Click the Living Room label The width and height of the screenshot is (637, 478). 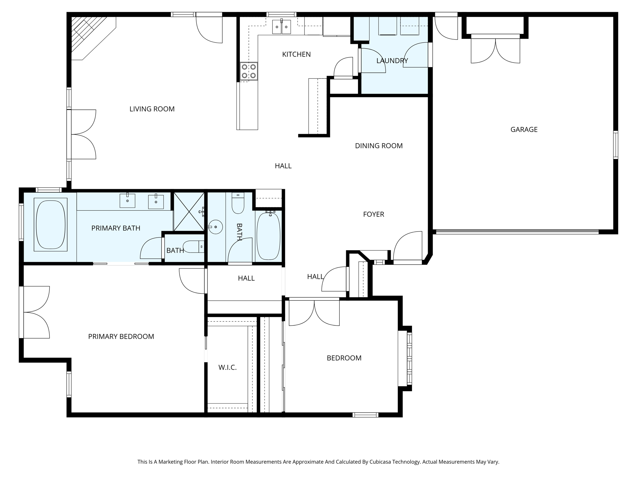tap(152, 109)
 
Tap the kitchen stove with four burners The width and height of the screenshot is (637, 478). tap(249, 71)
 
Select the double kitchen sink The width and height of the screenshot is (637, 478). tap(281, 27)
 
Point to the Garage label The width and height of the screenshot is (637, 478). tap(524, 129)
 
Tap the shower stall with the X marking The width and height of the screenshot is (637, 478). tap(189, 212)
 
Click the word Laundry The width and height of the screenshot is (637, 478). tap(392, 61)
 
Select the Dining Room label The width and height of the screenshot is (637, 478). tap(379, 146)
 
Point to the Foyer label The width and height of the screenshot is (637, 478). tap(374, 214)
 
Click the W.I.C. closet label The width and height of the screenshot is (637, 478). tap(227, 368)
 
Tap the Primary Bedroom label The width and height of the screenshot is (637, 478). tap(121, 336)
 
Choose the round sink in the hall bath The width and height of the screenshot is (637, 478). tap(215, 227)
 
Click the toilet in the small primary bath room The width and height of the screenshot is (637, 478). tap(193, 246)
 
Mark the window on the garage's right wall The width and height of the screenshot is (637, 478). tap(616, 145)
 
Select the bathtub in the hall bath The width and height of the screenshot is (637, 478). tap(268, 236)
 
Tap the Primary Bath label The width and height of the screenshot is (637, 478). tap(116, 228)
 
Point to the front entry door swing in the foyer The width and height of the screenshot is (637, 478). tap(408, 246)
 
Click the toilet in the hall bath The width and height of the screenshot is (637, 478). tap(238, 203)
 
